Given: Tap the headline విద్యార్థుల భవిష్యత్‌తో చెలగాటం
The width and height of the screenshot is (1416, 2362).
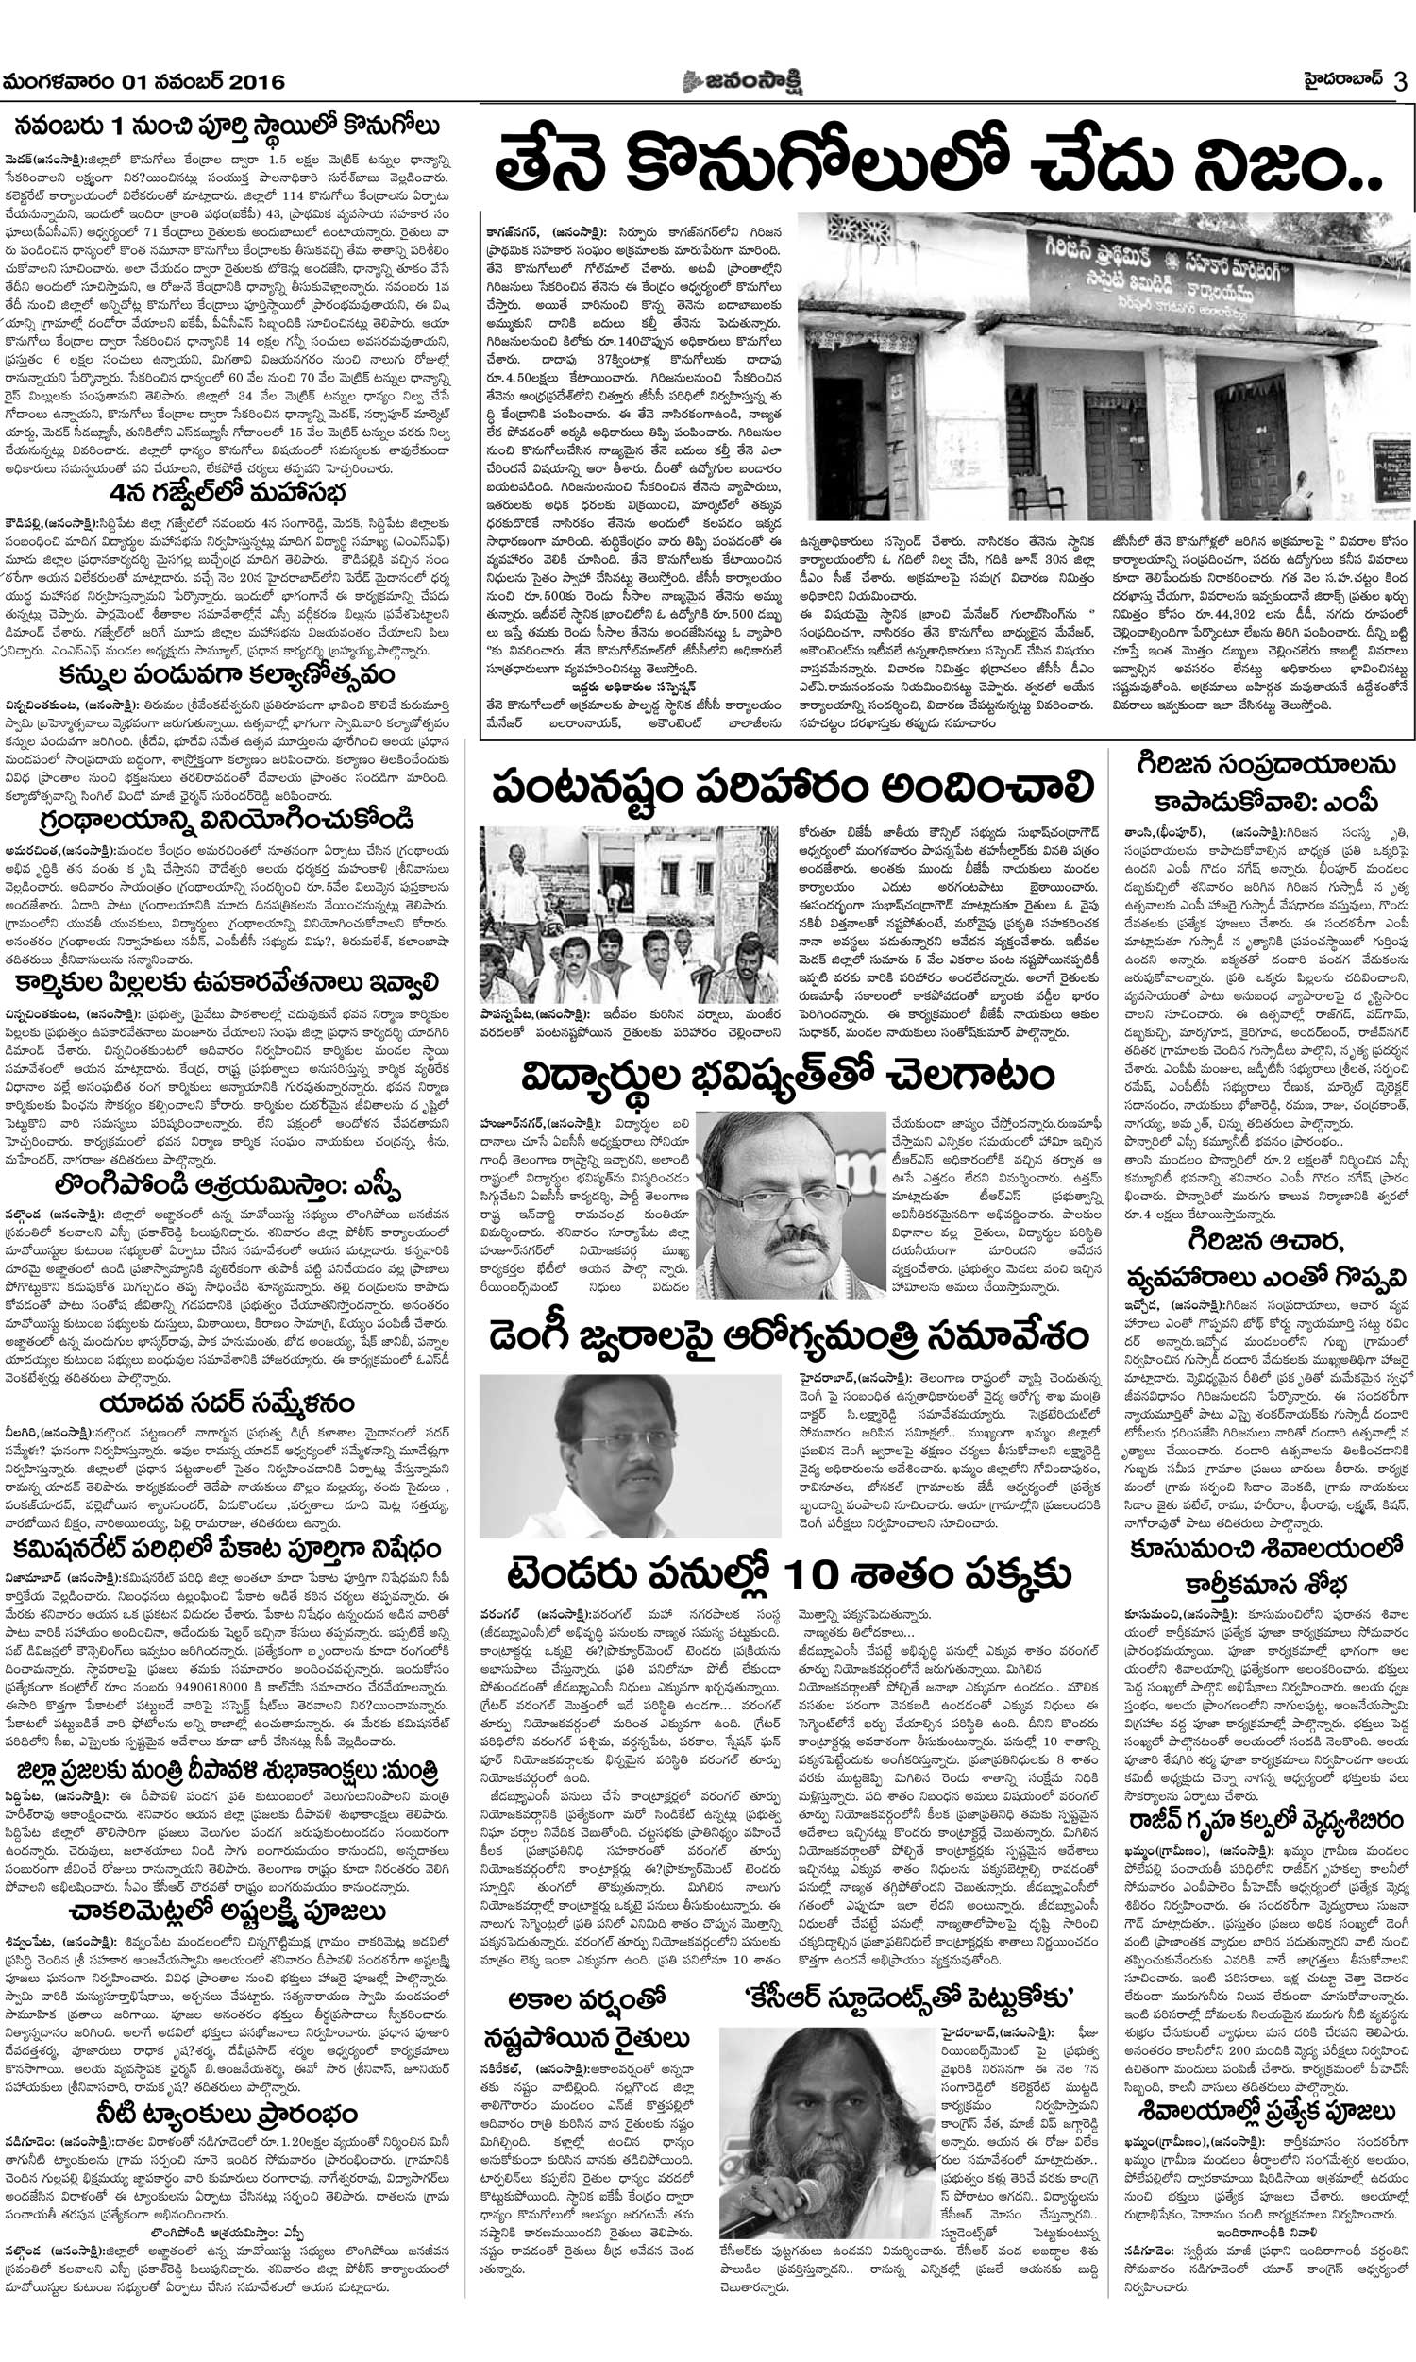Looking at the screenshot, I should pyautogui.click(x=788, y=1077).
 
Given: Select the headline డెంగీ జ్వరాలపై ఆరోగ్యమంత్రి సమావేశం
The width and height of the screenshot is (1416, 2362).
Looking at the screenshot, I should pyautogui.click(x=788, y=1334).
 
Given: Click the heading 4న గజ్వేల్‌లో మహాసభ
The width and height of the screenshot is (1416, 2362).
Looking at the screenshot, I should pyautogui.click(x=227, y=493).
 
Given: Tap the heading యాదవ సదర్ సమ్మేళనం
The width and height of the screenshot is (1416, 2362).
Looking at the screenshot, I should pyautogui.click(x=227, y=1402).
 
